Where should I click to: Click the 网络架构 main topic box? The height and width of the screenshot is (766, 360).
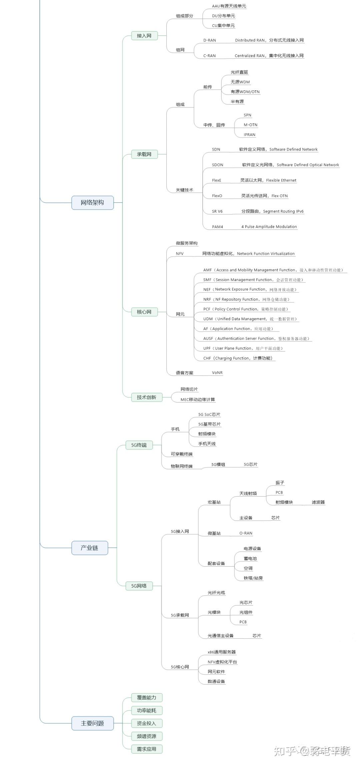pyautogui.click(x=92, y=202)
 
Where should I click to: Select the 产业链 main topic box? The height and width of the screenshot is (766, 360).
pyautogui.click(x=89, y=548)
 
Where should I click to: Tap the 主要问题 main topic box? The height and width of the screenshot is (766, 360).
pyautogui.click(x=92, y=723)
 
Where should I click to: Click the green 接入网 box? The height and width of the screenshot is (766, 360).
pyautogui.click(x=144, y=36)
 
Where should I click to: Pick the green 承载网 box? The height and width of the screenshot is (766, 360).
pyautogui.click(x=144, y=154)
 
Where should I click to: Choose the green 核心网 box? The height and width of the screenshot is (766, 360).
pyautogui.click(x=144, y=312)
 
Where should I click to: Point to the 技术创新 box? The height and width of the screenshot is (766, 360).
pyautogui.click(x=146, y=397)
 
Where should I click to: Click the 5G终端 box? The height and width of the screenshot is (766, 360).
pyautogui.click(x=139, y=445)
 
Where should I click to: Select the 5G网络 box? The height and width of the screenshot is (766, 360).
pyautogui.click(x=139, y=586)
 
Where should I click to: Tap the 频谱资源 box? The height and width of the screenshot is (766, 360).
pyautogui.click(x=146, y=736)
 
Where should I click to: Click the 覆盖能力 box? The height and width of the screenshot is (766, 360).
pyautogui.click(x=146, y=697)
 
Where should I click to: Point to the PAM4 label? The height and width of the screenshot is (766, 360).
pyautogui.click(x=217, y=227)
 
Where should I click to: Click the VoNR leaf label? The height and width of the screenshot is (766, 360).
pyautogui.click(x=217, y=372)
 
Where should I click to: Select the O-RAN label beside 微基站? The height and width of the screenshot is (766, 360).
pyautogui.click(x=246, y=533)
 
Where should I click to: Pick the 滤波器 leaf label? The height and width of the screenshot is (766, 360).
pyautogui.click(x=318, y=502)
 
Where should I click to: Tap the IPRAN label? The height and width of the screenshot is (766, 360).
pyautogui.click(x=249, y=135)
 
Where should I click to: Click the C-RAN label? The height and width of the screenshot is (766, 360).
pyautogui.click(x=209, y=56)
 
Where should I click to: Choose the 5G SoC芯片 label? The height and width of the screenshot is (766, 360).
pyautogui.click(x=209, y=415)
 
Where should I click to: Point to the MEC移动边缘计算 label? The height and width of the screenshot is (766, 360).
pyautogui.click(x=198, y=400)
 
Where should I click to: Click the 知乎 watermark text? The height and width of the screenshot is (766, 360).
pyautogui.click(x=285, y=751)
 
